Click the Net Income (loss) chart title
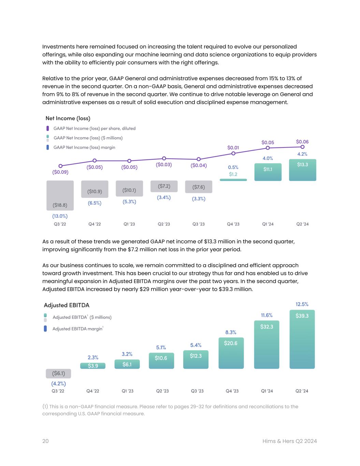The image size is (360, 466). point(68,118)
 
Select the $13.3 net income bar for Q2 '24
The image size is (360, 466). point(302,170)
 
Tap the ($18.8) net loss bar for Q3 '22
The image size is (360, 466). point(60,196)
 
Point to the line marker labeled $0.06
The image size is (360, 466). point(302,147)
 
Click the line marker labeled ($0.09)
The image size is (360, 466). point(60,166)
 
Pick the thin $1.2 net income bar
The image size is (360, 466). point(233,180)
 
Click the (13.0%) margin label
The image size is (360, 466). point(60,216)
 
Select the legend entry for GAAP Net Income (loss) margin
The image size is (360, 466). point(84,147)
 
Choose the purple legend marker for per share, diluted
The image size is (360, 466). point(48,128)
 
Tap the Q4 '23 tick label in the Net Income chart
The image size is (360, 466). point(233,224)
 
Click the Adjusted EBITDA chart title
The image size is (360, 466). point(67,305)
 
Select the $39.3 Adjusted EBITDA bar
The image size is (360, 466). point(302,339)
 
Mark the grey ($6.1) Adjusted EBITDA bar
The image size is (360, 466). point(58,373)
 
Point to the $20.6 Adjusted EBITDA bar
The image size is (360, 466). point(231,353)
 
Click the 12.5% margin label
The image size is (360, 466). point(302,304)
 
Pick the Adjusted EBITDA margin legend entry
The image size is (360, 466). point(78,329)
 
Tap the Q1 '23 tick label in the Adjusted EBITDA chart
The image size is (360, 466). point(128,391)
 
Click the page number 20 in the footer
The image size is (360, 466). point(45,441)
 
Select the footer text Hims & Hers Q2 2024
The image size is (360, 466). point(289,441)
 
